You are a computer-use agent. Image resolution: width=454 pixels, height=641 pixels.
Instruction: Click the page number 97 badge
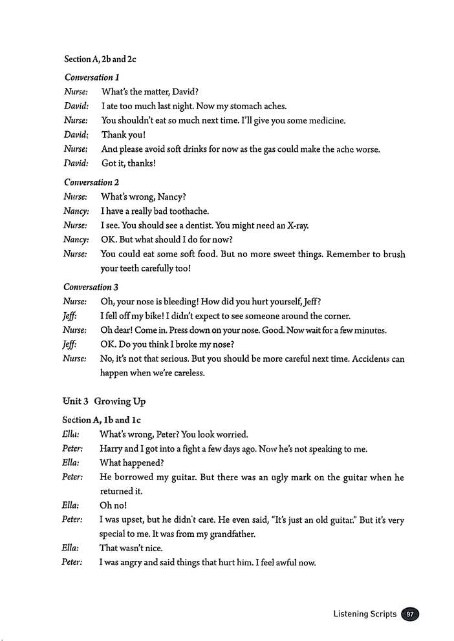click(x=410, y=614)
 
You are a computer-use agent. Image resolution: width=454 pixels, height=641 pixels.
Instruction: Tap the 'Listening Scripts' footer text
click(x=365, y=614)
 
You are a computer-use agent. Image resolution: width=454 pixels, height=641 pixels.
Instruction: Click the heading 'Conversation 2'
click(x=88, y=182)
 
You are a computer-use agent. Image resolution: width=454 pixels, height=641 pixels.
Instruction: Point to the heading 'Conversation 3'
click(x=87, y=287)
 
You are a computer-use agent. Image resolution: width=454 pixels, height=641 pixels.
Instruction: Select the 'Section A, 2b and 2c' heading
click(x=100, y=59)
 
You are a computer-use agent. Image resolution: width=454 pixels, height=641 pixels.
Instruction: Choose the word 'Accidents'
click(x=371, y=359)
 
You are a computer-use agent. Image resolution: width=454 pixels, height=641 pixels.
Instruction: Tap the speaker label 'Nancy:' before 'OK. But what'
click(x=76, y=239)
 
